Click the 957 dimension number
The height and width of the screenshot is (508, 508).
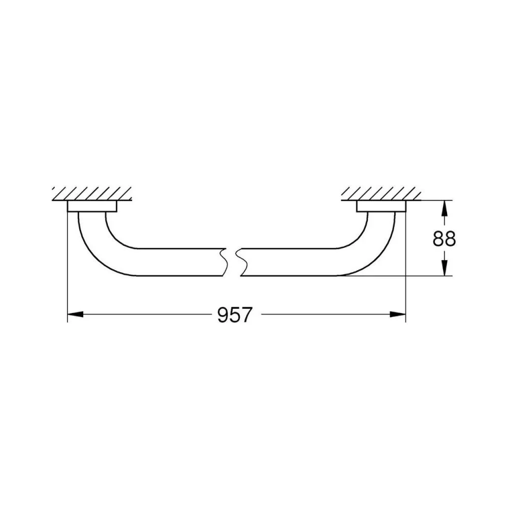coord(234,314)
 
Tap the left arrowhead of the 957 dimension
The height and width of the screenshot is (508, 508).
coord(75,314)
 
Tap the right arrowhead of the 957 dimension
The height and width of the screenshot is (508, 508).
coord(398,314)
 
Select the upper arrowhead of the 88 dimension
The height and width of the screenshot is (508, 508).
coord(444,208)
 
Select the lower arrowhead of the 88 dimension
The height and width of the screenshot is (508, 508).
coord(444,268)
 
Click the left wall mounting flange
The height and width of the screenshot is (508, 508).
coord(92,206)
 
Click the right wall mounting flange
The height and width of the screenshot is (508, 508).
coord(381,206)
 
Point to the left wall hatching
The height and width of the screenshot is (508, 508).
coord(92,194)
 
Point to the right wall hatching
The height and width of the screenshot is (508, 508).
coord(381,194)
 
